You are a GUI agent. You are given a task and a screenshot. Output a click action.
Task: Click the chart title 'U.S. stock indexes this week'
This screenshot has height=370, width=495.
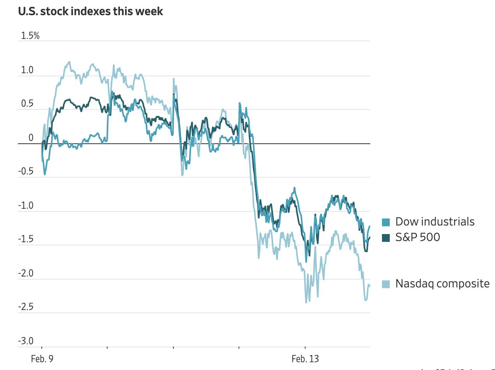click(90, 11)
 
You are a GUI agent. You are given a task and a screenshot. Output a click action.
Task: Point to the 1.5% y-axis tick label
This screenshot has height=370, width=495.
click(30, 36)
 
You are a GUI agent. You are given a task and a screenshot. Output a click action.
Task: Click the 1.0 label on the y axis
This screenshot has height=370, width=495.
click(27, 70)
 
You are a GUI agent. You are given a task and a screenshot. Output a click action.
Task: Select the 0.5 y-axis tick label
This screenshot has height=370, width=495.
click(27, 104)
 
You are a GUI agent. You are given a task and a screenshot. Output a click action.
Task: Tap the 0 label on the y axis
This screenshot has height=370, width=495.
click(31, 138)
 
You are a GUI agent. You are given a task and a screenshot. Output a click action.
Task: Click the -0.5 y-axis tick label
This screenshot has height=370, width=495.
click(25, 172)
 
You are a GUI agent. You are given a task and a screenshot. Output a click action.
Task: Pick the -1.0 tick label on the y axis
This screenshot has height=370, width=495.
click(25, 206)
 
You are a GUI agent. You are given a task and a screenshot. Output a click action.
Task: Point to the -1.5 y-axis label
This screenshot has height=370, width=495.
click(25, 239)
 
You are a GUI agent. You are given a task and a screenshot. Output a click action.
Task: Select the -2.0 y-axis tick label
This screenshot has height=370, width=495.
click(25, 273)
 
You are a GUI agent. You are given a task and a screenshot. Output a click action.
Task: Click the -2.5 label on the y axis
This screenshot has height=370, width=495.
click(25, 307)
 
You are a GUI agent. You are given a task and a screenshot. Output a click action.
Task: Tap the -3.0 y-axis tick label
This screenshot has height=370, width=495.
click(25, 341)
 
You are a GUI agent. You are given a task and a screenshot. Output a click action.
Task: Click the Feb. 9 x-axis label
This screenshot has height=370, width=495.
click(42, 359)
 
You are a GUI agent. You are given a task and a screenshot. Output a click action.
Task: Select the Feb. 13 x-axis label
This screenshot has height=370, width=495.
click(305, 359)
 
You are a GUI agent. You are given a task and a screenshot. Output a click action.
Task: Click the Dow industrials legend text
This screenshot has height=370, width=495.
click(435, 222)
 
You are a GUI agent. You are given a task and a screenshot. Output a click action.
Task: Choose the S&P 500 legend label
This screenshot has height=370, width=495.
click(417, 237)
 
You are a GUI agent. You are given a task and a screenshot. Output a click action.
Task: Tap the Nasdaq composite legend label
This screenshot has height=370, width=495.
click(442, 283)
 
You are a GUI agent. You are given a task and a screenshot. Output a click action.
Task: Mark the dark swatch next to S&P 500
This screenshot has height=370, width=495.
click(386, 238)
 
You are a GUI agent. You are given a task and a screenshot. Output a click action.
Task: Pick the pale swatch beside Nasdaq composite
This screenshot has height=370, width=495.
click(386, 284)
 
